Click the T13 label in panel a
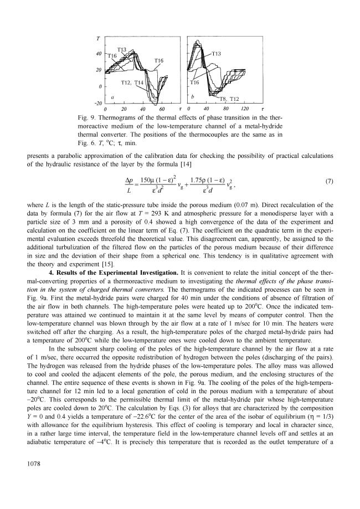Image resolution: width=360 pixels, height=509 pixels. [122, 50]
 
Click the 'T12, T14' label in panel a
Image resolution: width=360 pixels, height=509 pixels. [132, 83]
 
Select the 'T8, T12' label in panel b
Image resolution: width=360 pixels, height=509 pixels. [229, 99]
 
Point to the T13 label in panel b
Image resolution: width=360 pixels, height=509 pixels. [217, 53]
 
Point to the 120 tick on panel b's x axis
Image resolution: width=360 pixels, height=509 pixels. [244, 109]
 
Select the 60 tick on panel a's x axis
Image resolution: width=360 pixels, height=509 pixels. [163, 109]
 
